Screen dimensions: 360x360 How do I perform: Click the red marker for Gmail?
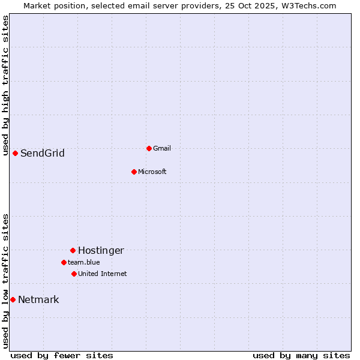click(x=149, y=148)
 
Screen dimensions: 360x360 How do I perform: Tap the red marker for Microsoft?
click(x=134, y=172)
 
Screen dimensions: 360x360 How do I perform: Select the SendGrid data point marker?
click(x=15, y=153)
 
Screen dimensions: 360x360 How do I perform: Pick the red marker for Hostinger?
click(x=73, y=250)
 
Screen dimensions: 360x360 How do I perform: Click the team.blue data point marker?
click(x=64, y=262)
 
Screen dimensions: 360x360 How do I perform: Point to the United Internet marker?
click(x=74, y=274)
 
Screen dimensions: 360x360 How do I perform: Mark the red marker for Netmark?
click(x=13, y=299)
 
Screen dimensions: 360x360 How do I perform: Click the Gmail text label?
click(x=162, y=148)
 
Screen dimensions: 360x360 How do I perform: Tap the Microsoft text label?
click(x=152, y=172)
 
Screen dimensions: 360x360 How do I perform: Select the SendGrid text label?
click(x=42, y=153)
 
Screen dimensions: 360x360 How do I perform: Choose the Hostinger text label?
click(x=101, y=250)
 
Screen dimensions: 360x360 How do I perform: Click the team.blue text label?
click(x=83, y=262)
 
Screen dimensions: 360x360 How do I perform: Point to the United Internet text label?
click(x=102, y=274)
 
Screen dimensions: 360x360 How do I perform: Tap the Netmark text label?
click(x=38, y=299)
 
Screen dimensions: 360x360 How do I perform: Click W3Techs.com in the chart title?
click(x=310, y=5)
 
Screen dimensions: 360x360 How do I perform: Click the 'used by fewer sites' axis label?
click(x=62, y=355)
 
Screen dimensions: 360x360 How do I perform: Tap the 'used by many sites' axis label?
click(x=301, y=355)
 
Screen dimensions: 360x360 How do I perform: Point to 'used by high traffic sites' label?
click(x=5, y=85)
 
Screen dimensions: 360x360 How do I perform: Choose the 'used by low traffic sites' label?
click(x=5, y=281)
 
